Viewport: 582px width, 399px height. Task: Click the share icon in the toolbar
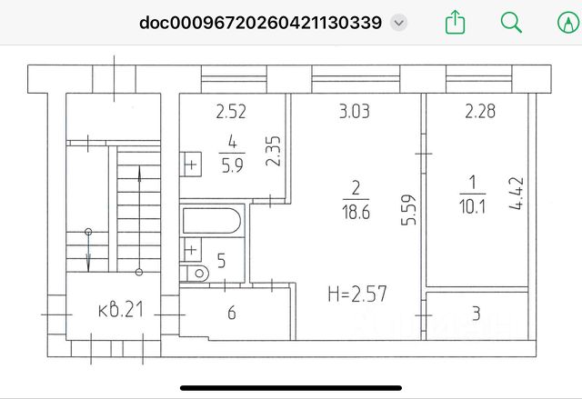click(455, 22)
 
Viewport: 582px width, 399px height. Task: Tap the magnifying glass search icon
click(511, 22)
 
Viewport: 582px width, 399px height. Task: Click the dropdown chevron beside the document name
click(398, 23)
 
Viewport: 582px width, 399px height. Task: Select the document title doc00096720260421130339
click(261, 23)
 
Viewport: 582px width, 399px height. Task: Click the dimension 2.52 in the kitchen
click(231, 112)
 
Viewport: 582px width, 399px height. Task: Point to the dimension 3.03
click(355, 112)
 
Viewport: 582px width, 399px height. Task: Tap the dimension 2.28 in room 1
click(480, 111)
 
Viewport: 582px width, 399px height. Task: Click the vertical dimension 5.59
click(408, 210)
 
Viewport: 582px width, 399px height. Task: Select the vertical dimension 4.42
click(517, 194)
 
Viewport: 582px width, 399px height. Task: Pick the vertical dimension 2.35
click(274, 151)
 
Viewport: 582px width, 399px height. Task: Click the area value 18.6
click(356, 213)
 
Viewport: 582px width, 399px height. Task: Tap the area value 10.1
click(472, 206)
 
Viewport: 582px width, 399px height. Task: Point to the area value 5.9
click(233, 165)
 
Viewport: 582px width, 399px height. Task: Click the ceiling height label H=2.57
click(357, 294)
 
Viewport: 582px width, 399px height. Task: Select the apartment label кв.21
click(121, 310)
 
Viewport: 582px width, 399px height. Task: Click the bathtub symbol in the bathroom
click(212, 221)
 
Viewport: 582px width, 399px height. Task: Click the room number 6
click(232, 313)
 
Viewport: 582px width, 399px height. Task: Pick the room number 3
click(477, 314)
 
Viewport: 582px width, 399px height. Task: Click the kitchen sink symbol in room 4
click(190, 165)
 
